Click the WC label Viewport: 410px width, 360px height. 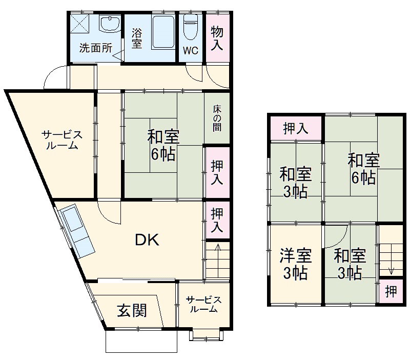click(x=191, y=51)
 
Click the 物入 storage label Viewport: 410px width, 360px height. click(x=217, y=38)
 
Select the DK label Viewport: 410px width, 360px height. click(x=148, y=239)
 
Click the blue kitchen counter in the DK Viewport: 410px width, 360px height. click(x=76, y=231)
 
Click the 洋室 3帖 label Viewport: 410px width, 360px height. click(x=294, y=264)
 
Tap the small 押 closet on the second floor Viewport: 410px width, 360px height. click(x=391, y=292)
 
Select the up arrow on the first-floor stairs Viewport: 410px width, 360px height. click(x=218, y=254)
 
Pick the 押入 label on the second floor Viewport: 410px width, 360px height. click(x=296, y=128)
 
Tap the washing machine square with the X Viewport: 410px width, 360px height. click(x=80, y=24)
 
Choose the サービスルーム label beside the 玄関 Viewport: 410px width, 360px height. click(x=203, y=305)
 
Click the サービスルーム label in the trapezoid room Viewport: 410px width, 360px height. click(x=61, y=139)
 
